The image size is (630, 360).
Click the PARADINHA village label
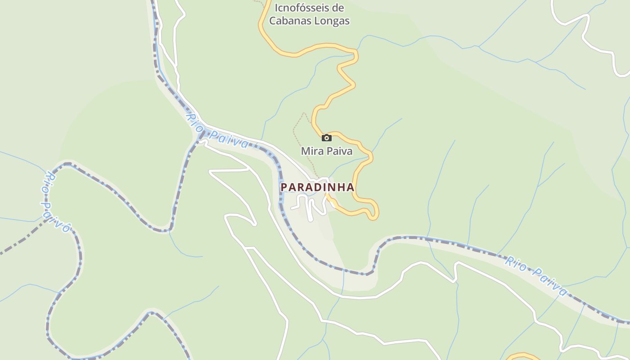click(317, 187)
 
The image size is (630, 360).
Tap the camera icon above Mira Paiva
click(327, 138)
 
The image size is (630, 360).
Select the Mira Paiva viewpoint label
click(327, 151)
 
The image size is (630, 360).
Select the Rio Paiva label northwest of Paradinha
click(217, 131)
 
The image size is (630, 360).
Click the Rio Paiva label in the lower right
click(535, 276)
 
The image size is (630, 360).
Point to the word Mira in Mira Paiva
click(311, 151)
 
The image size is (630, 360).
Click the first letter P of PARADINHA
click(284, 187)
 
